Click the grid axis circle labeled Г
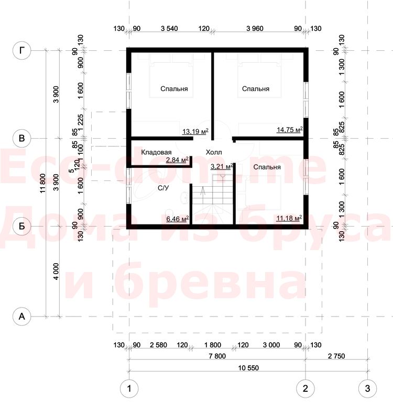click(22, 50)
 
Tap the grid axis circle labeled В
click(22, 138)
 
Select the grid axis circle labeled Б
click(22, 226)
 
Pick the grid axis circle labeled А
click(22, 317)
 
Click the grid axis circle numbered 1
click(129, 388)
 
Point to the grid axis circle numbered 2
click(305, 388)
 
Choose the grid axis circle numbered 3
click(367, 388)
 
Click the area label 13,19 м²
click(195, 131)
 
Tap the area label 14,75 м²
click(290, 130)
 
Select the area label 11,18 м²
click(289, 218)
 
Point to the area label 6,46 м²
click(178, 219)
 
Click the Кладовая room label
click(156, 152)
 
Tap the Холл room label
click(214, 152)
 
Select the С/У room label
click(163, 188)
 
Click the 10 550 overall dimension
click(248, 368)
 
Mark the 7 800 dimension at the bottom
click(217, 356)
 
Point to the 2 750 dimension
click(336, 356)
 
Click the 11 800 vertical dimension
click(42, 183)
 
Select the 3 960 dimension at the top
click(255, 29)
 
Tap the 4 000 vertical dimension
click(56, 272)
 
